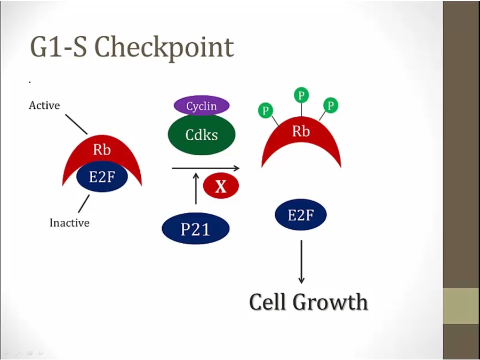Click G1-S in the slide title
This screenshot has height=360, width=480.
tap(59, 47)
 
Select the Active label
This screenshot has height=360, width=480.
tap(44, 106)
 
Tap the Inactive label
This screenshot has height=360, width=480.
tap(69, 223)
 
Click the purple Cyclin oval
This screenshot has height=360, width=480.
tap(202, 106)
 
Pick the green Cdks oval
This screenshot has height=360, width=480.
tap(202, 135)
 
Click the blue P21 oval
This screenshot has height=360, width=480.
tap(196, 229)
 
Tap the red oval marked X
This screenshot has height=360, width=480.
tap(220, 186)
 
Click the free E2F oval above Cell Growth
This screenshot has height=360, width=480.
tap(301, 215)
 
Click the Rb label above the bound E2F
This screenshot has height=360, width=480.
tap(102, 150)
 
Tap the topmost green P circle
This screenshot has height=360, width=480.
tap(301, 95)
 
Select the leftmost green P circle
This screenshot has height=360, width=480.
tap(266, 111)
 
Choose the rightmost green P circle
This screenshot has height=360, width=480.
tap(331, 105)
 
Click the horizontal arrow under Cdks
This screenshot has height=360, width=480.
tap(205, 169)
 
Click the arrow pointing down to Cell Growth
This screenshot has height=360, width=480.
tap(301, 261)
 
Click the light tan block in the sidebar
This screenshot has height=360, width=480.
tap(461, 306)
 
